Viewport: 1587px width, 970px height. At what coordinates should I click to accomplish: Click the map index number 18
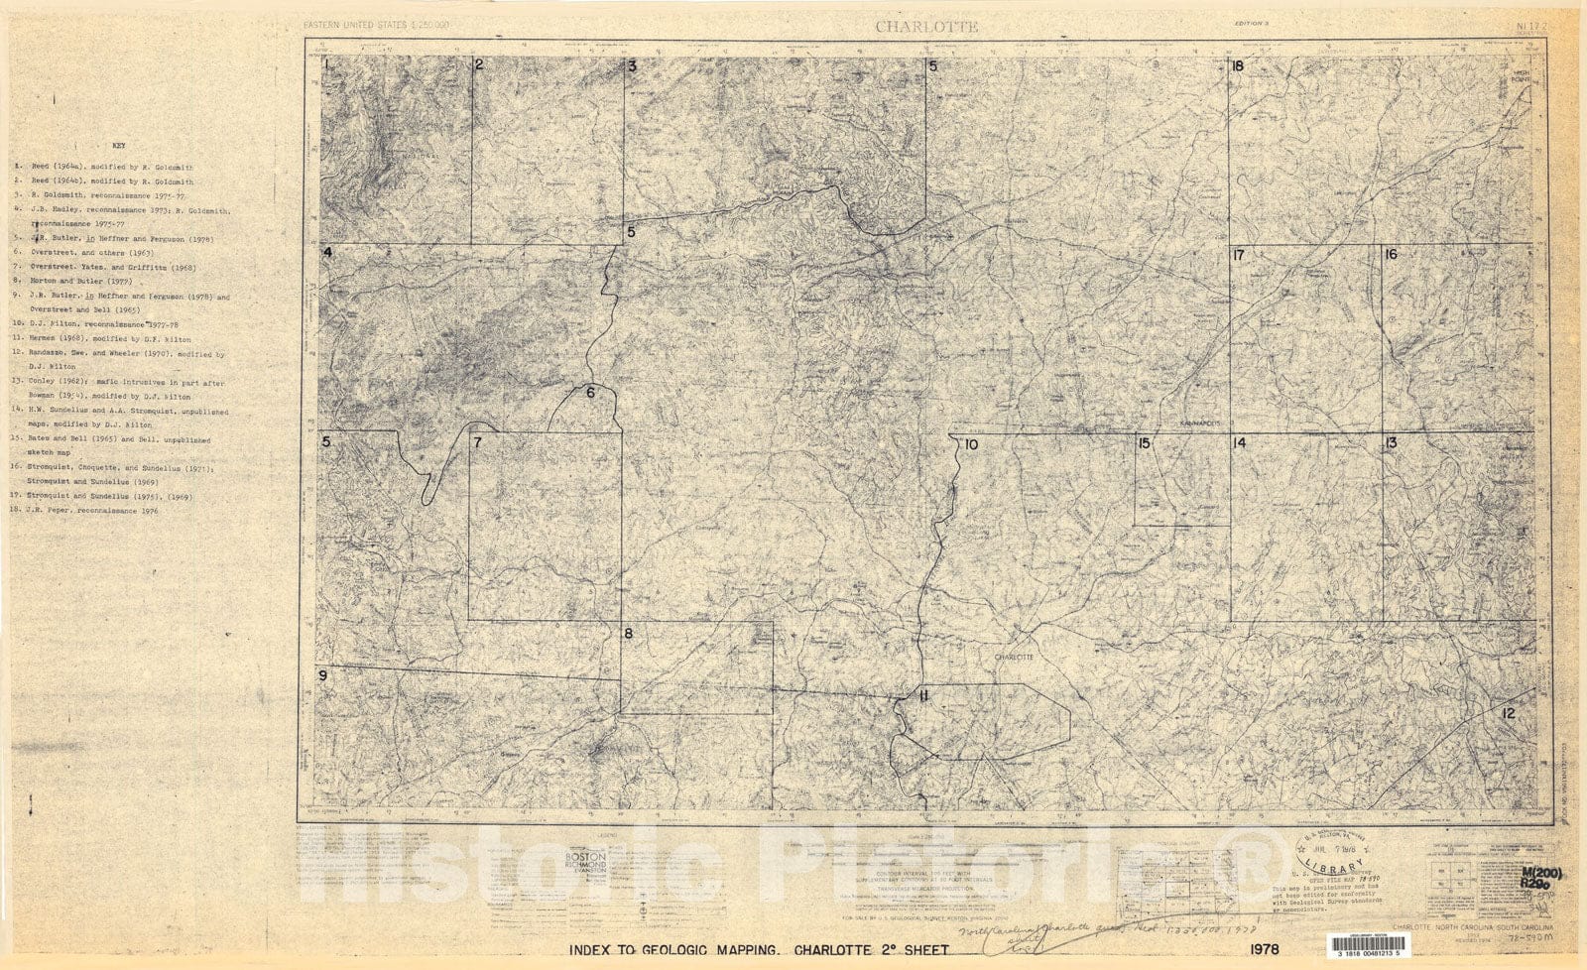(1237, 66)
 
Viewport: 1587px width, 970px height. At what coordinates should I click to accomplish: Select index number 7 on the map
(477, 442)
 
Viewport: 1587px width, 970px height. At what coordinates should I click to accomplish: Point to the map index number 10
(970, 444)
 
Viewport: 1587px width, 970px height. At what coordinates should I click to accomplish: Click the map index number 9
(322, 676)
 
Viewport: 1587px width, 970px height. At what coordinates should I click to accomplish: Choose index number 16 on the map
(1391, 255)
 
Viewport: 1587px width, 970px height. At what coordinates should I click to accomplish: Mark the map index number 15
(1144, 443)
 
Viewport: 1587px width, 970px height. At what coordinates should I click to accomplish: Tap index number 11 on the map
(923, 695)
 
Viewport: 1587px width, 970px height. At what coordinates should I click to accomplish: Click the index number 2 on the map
(478, 65)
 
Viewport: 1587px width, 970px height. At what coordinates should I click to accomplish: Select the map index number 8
(628, 633)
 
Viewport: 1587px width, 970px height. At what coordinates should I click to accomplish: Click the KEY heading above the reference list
(119, 146)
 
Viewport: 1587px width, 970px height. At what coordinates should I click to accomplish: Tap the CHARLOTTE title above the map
(925, 27)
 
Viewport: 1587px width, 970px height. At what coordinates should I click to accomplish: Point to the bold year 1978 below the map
(1260, 949)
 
